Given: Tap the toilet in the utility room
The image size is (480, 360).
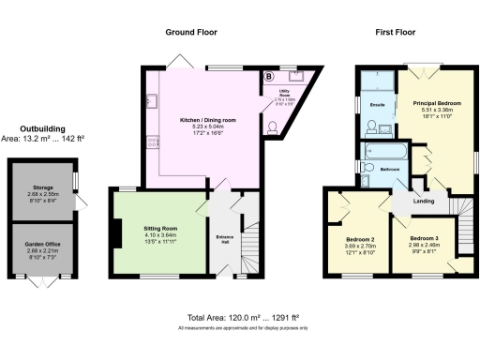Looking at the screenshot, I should tap(273, 127).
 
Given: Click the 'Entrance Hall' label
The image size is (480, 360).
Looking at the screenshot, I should tap(225, 236).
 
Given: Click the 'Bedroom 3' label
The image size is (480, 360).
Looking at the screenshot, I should tap(425, 239).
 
